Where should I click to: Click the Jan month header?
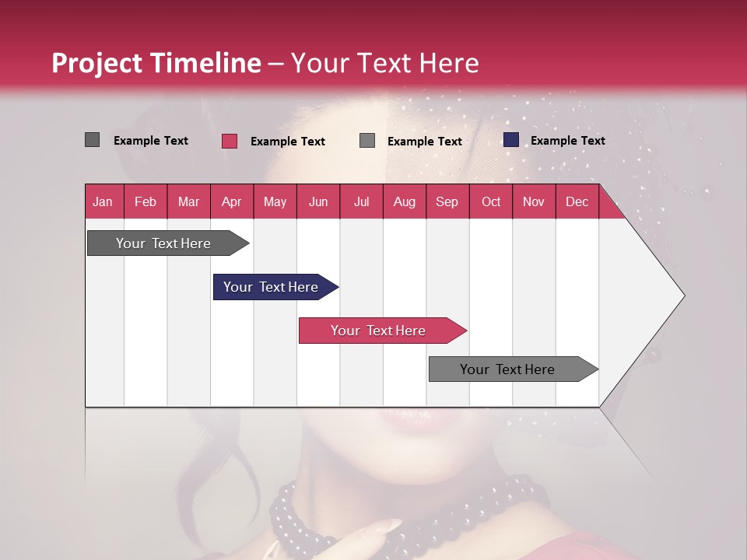click(103, 201)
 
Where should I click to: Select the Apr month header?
click(231, 201)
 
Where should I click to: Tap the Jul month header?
click(361, 201)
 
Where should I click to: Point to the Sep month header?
click(447, 201)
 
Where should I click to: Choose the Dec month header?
click(577, 201)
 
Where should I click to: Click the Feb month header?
click(146, 201)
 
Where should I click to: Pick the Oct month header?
click(491, 201)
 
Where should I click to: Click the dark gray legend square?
click(92, 140)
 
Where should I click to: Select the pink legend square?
click(229, 141)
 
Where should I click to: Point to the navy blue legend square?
click(510, 140)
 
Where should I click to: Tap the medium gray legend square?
click(367, 141)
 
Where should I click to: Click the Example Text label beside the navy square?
click(567, 141)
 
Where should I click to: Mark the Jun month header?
click(318, 201)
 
